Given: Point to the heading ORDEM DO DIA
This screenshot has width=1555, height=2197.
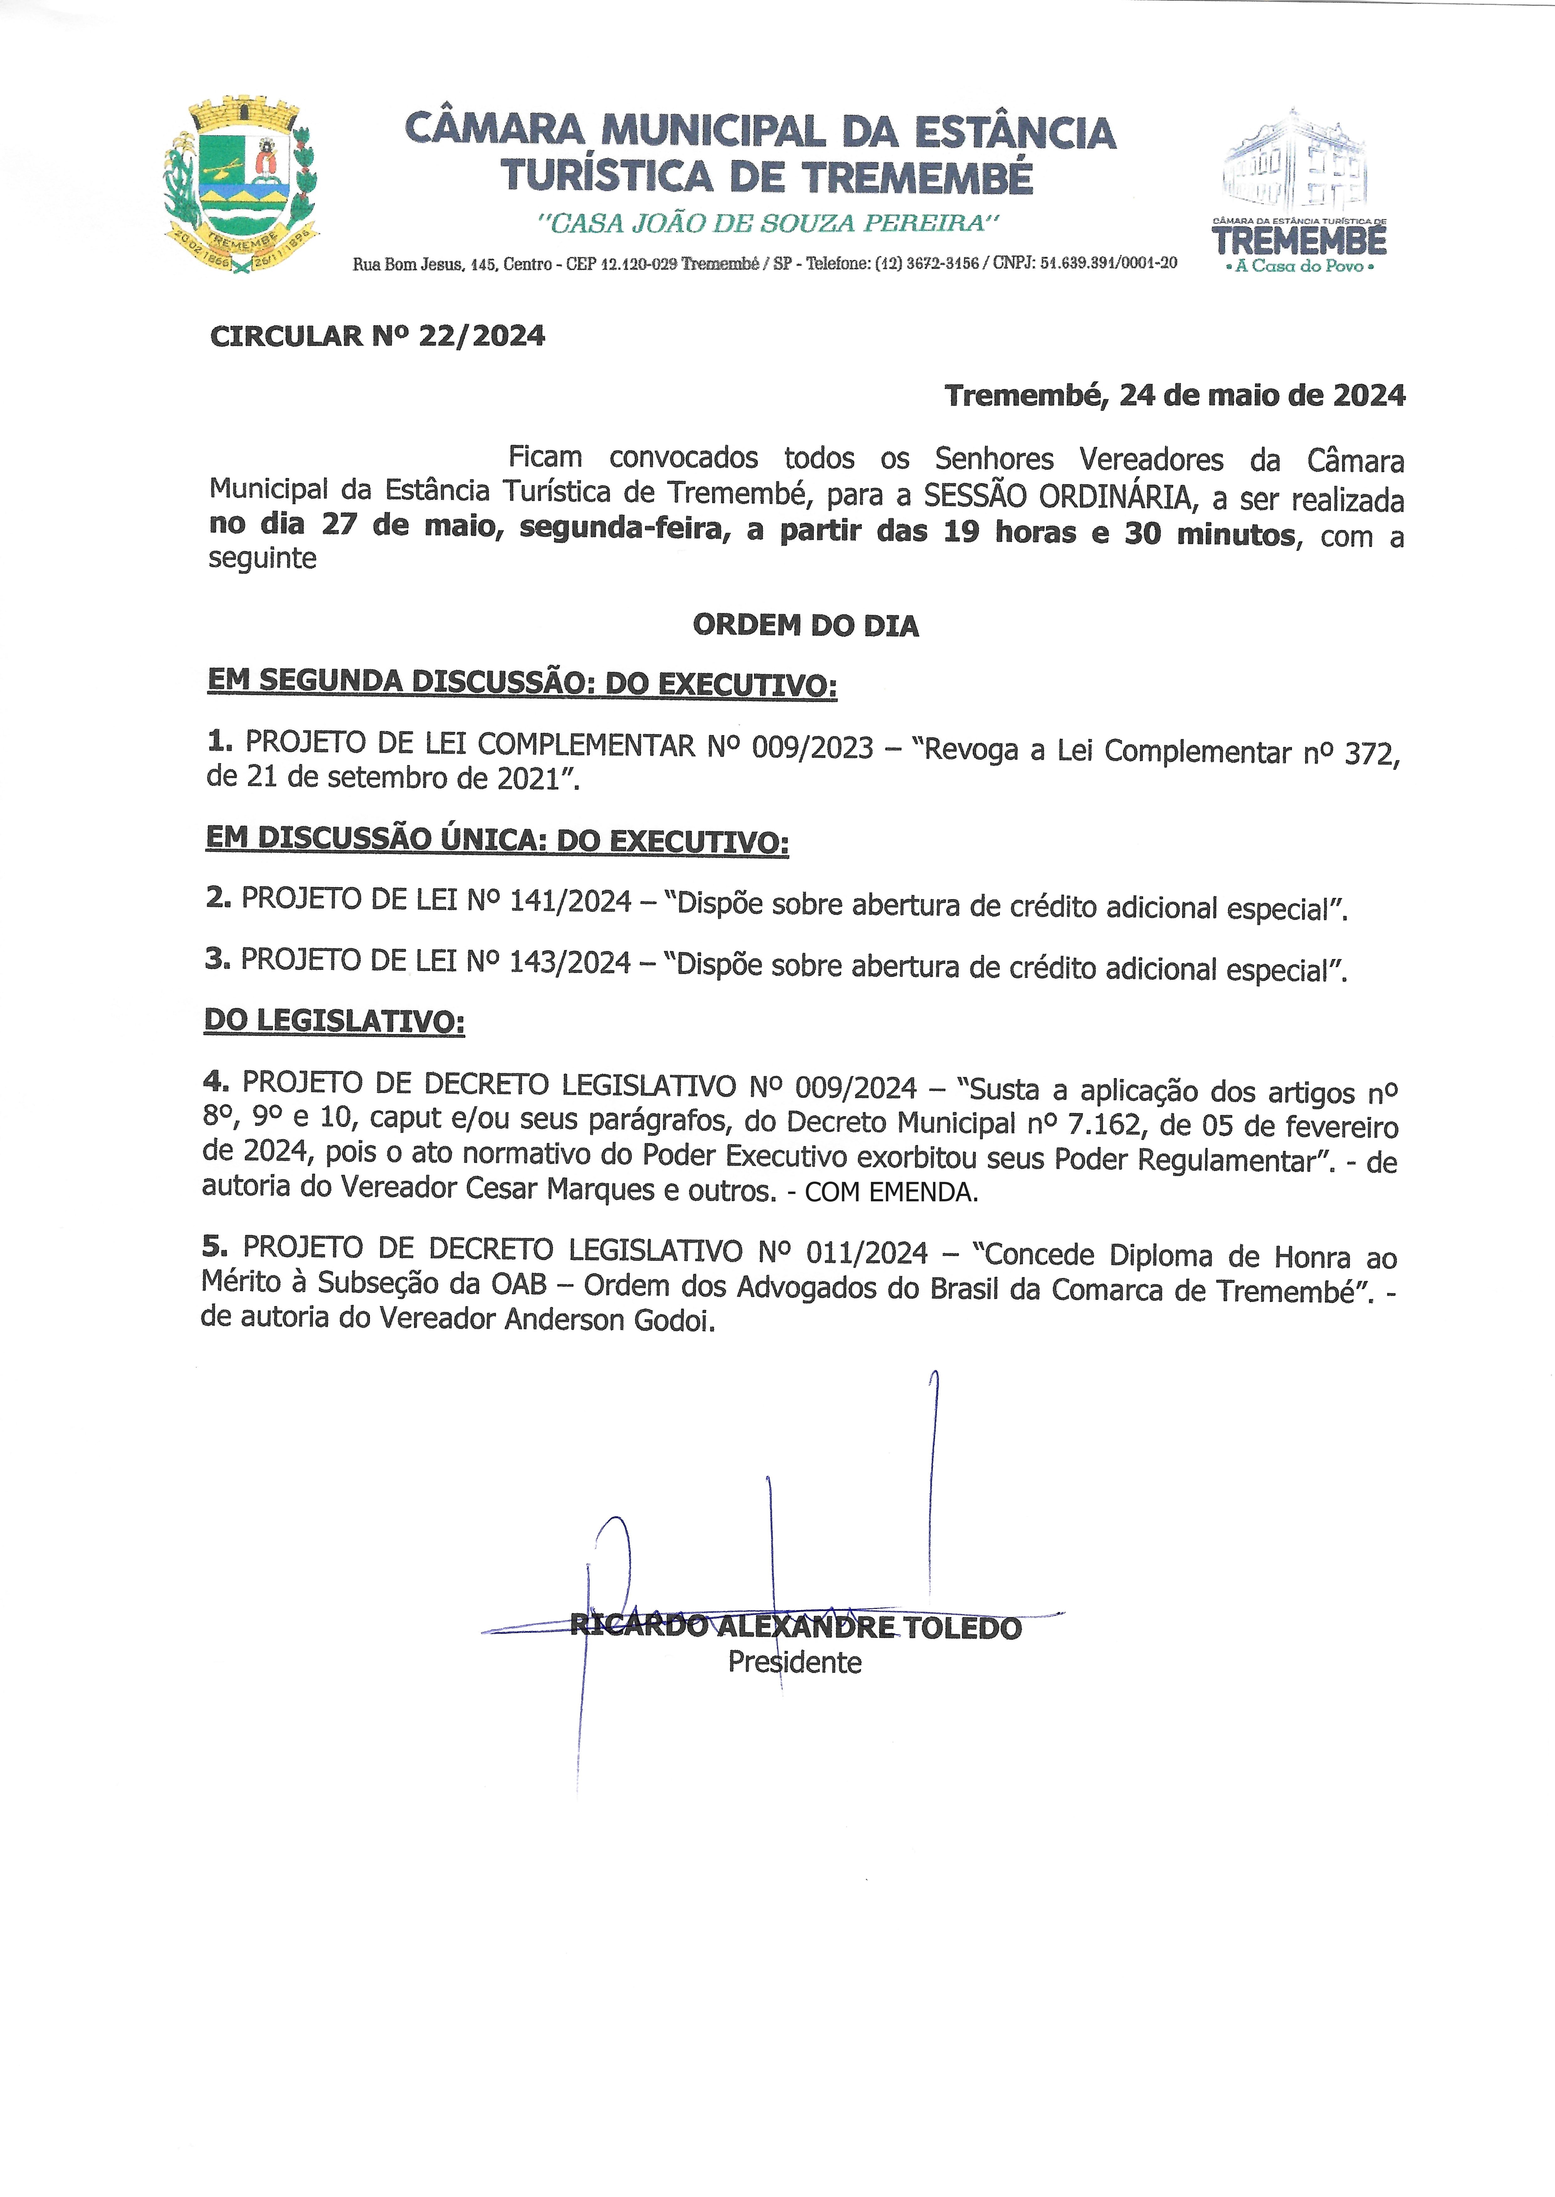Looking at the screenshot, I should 805,626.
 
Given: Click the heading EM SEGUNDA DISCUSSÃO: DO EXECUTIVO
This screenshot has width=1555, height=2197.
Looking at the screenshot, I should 522,682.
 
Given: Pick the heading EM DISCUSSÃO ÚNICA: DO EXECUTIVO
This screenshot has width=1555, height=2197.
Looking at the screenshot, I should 497,840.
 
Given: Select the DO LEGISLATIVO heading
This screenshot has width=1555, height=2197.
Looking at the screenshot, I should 334,1021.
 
